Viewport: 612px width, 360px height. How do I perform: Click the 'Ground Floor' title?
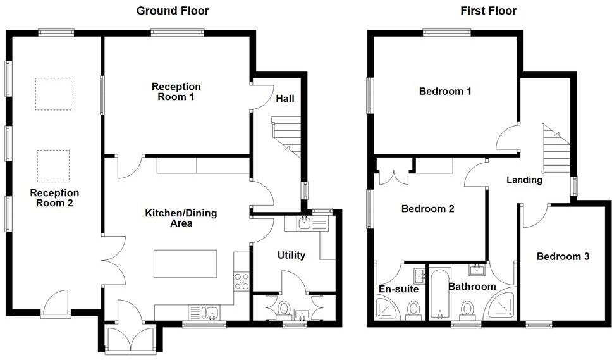(x=173, y=11)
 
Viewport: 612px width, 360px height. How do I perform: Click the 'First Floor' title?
(x=487, y=11)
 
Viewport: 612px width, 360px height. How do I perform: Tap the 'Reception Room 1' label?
(x=176, y=92)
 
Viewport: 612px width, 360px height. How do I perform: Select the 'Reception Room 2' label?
(x=54, y=198)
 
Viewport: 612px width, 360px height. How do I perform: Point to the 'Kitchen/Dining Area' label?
(x=181, y=218)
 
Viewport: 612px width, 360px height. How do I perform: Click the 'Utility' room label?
(x=291, y=255)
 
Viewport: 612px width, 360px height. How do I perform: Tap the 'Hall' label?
(x=285, y=99)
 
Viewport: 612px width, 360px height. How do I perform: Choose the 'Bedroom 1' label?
(x=445, y=91)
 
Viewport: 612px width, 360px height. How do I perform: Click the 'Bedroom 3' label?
(x=563, y=256)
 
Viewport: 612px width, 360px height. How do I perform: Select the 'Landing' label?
(x=524, y=180)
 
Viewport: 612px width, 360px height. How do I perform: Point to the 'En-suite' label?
(x=398, y=289)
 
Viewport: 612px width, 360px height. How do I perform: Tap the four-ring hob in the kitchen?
(x=242, y=280)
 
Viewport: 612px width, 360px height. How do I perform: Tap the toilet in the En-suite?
(x=413, y=311)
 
